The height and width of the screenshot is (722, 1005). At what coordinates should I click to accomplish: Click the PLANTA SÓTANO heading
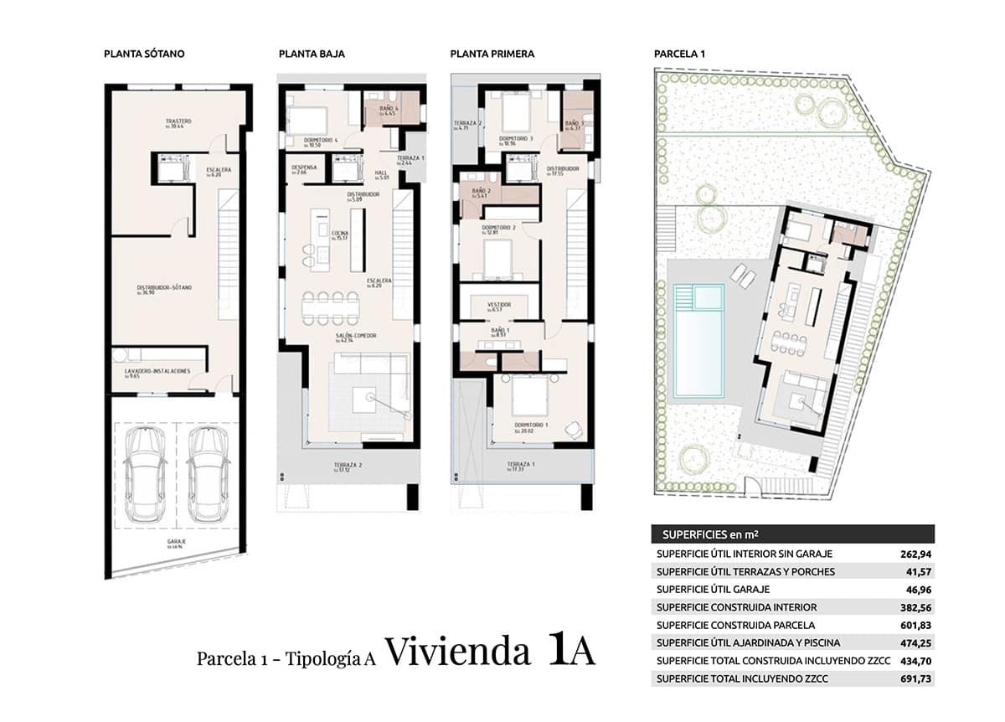144,54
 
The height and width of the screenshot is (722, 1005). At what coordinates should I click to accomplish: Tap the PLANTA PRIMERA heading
492,54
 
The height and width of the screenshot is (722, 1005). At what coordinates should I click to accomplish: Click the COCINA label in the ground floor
339,234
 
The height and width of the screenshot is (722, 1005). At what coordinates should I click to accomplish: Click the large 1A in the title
572,651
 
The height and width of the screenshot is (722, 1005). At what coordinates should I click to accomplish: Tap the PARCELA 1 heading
679,54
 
